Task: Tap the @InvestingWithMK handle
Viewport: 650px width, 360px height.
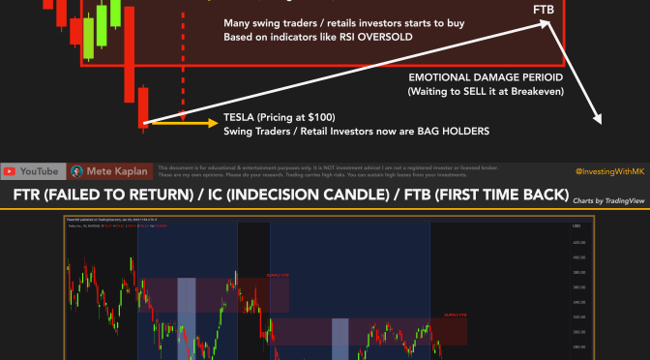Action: (608, 171)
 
